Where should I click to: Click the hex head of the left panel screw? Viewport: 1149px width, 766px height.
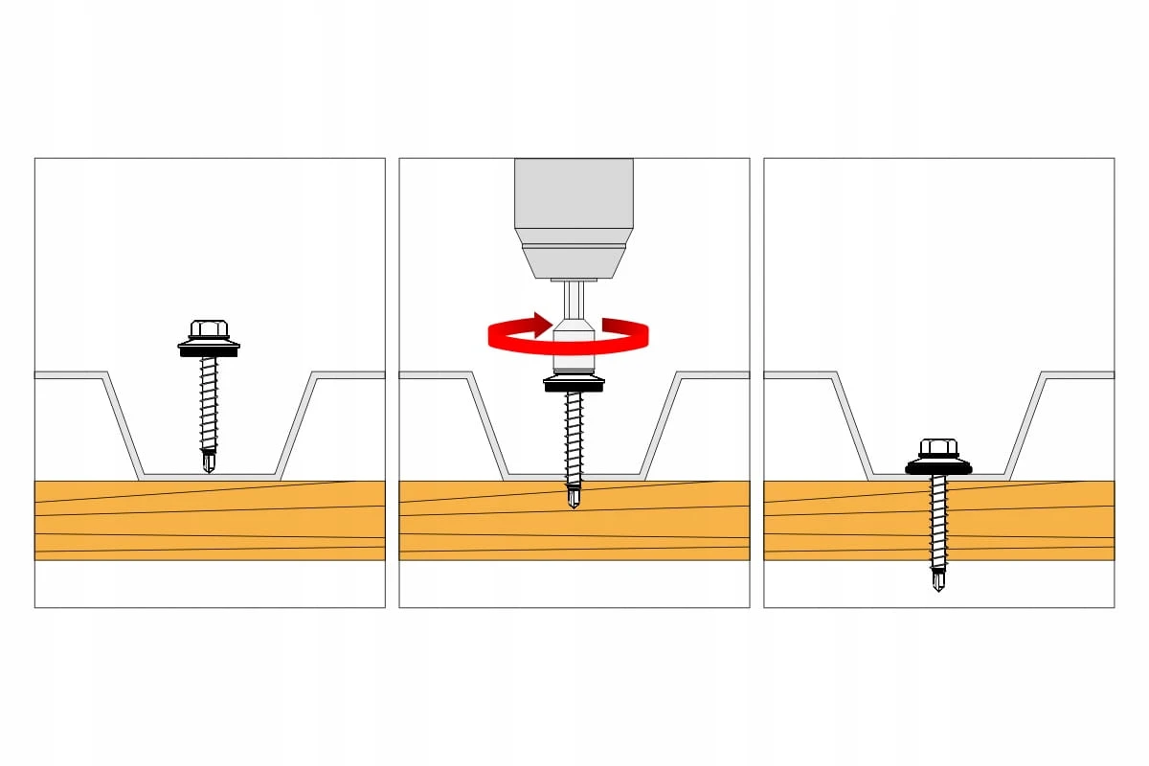click(x=209, y=329)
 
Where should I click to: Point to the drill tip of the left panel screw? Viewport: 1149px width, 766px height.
click(x=209, y=463)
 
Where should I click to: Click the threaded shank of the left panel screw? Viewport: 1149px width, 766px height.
click(x=209, y=402)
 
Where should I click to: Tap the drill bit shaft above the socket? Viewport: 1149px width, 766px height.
click(x=574, y=299)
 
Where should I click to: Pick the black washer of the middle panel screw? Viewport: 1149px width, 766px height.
click(x=574, y=385)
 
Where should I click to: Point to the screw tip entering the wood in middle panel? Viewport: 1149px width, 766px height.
click(x=574, y=498)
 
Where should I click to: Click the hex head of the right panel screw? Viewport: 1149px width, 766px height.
click(x=938, y=447)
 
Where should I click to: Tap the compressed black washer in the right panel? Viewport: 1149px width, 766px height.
click(x=938, y=468)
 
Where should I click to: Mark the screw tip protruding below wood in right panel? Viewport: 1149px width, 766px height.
click(x=938, y=579)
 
